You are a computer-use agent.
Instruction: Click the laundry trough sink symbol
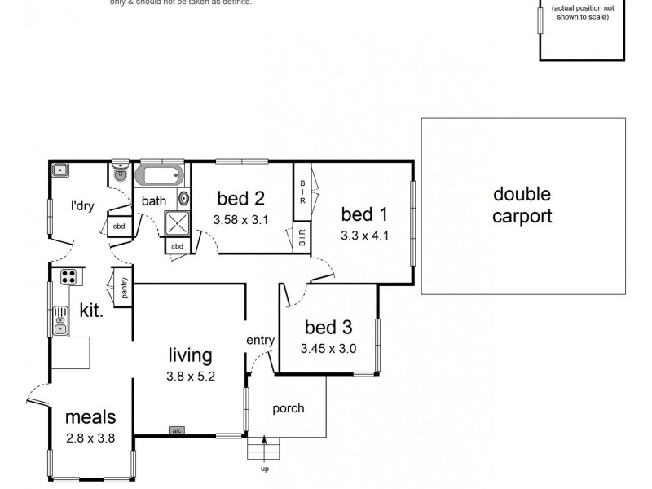60,171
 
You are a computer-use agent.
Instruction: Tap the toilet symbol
120,172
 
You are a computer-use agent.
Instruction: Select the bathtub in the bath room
161,175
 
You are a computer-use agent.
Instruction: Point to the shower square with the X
176,223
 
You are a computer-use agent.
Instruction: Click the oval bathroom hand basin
184,198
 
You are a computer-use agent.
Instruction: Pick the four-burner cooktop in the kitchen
68,275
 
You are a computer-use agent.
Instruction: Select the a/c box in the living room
176,430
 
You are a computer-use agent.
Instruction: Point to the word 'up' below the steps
265,469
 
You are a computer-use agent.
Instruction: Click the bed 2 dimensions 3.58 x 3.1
240,219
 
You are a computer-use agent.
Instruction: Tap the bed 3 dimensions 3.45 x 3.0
328,348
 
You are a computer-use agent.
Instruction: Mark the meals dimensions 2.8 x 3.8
90,438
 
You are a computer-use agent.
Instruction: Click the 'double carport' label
522,205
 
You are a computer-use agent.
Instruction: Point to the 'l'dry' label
82,206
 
